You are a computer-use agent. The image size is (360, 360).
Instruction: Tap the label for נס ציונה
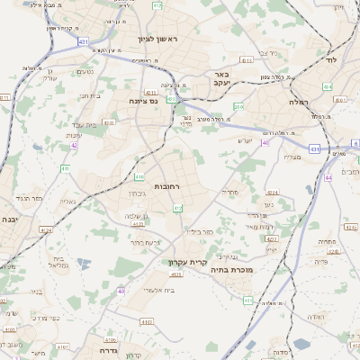pyautogui.click(x=143, y=102)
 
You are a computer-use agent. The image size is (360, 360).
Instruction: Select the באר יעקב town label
pyautogui.click(x=222, y=78)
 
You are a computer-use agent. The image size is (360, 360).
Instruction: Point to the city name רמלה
pyautogui.click(x=299, y=103)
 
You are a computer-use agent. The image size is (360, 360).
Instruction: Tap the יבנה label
pyautogui.click(x=9, y=219)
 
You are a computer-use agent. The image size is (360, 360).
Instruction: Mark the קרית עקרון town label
pyautogui.click(x=164, y=262)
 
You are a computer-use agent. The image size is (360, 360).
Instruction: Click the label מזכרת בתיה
pyautogui.click(x=232, y=269)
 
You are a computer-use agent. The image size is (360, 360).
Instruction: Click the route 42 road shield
pyautogui.click(x=74, y=145)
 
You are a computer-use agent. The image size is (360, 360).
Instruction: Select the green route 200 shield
pyautogui.click(x=238, y=106)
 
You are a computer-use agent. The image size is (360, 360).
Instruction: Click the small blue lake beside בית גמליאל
pyautogui.click(x=84, y=264)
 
